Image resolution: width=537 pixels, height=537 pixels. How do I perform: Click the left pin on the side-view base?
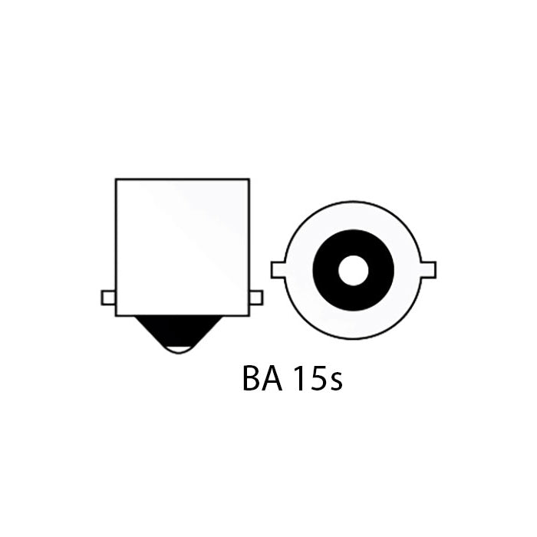(108, 298)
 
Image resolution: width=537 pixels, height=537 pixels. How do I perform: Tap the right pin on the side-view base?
(256, 298)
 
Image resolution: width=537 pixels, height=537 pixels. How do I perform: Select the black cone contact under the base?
(181, 330)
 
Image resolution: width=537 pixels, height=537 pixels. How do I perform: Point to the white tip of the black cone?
(181, 350)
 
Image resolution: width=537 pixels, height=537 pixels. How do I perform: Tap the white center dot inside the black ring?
(353, 269)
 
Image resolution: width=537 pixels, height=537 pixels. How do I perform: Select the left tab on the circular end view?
(278, 269)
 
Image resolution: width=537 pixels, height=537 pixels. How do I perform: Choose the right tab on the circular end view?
(429, 269)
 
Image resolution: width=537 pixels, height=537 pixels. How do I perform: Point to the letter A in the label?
(273, 380)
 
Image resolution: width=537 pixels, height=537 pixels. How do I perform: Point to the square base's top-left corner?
(116, 180)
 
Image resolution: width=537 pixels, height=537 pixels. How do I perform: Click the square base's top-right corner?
(249, 180)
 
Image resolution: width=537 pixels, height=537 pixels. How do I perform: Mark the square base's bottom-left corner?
(116, 315)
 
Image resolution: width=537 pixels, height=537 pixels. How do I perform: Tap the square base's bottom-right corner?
(249, 315)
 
